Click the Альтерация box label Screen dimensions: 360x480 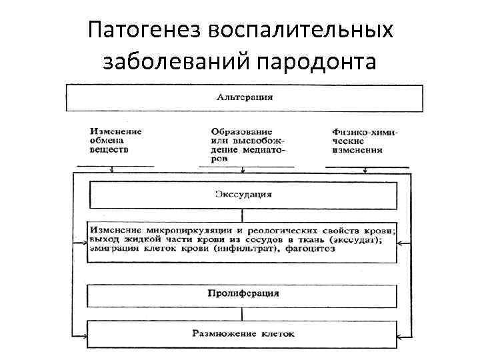(x=245, y=97)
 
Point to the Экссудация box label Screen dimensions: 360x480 (x=243, y=195)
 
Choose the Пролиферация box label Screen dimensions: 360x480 (x=243, y=293)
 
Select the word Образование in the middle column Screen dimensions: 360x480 (x=237, y=132)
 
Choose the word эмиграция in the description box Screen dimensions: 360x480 (x=113, y=249)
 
